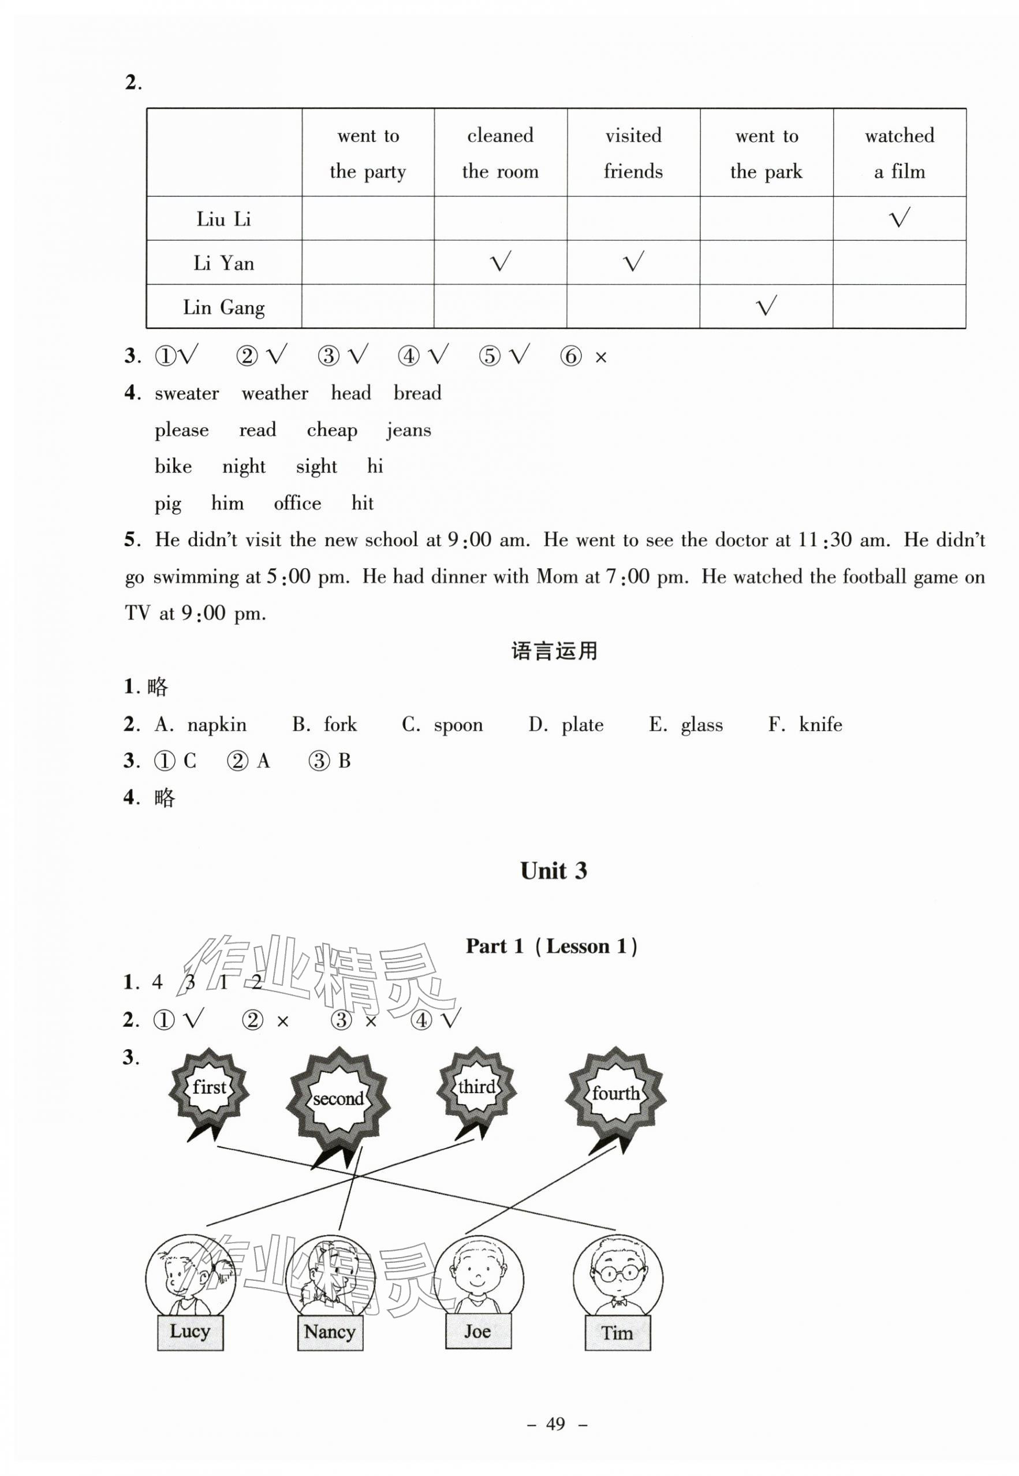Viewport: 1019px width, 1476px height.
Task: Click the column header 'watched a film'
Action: pos(899,153)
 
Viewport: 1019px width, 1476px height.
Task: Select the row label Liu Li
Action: pos(223,219)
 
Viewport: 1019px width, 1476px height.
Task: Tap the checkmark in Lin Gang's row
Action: pos(766,307)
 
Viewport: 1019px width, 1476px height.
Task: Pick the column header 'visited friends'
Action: pos(633,153)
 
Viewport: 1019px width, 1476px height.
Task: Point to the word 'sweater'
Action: pos(186,393)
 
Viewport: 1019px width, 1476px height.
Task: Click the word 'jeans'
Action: pos(409,430)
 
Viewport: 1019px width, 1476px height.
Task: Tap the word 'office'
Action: pos(297,504)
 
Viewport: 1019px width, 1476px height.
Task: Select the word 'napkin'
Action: pos(217,725)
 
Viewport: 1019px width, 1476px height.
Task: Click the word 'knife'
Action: pos(820,725)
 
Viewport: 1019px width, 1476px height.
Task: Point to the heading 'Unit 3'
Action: pos(553,871)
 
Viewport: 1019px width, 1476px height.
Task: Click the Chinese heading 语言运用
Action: pos(554,651)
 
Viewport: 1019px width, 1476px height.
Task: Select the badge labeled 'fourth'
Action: pos(615,1093)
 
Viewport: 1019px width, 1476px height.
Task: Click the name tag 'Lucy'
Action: pos(191,1332)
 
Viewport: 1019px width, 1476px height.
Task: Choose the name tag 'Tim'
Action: pos(617,1333)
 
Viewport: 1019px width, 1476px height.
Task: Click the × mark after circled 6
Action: pos(600,358)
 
